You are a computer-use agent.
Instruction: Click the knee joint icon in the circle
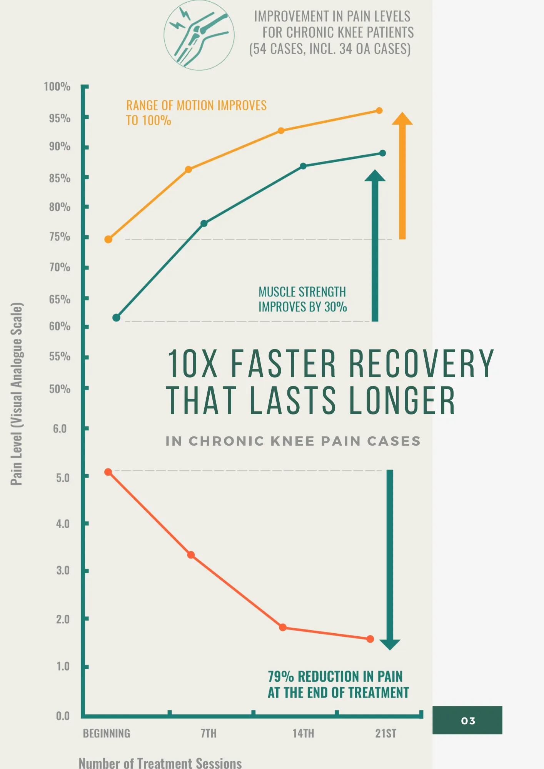tap(199, 35)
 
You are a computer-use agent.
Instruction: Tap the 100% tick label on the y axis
tap(57, 87)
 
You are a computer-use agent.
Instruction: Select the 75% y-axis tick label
tap(60, 237)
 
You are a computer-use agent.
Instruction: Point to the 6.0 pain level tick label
tap(60, 429)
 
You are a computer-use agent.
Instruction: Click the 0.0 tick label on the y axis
tap(63, 716)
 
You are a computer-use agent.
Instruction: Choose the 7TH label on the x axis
tap(209, 734)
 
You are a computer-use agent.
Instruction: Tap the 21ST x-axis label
tap(385, 734)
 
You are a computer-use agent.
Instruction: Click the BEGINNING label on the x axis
tap(107, 734)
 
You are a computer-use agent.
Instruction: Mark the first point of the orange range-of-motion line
tap(108, 240)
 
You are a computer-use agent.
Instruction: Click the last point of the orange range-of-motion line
tap(379, 111)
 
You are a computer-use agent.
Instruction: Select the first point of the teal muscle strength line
tap(116, 318)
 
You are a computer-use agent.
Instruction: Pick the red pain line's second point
tap(191, 555)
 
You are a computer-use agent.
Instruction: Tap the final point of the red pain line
tap(370, 639)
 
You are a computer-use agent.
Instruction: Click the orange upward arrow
tap(402, 177)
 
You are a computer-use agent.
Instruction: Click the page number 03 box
tap(467, 720)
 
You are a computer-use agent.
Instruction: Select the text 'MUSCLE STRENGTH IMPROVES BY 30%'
tap(302, 300)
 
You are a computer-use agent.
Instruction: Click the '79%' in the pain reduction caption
tap(280, 676)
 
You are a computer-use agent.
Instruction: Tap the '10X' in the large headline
tap(192, 363)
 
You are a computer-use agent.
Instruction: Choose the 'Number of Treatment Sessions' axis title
tap(160, 763)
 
